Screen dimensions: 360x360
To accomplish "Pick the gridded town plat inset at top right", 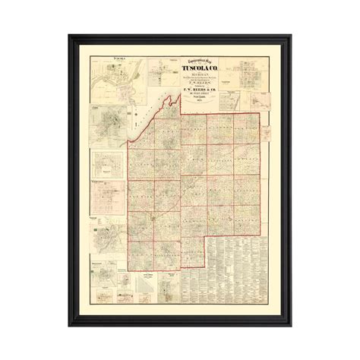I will point(246,84).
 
